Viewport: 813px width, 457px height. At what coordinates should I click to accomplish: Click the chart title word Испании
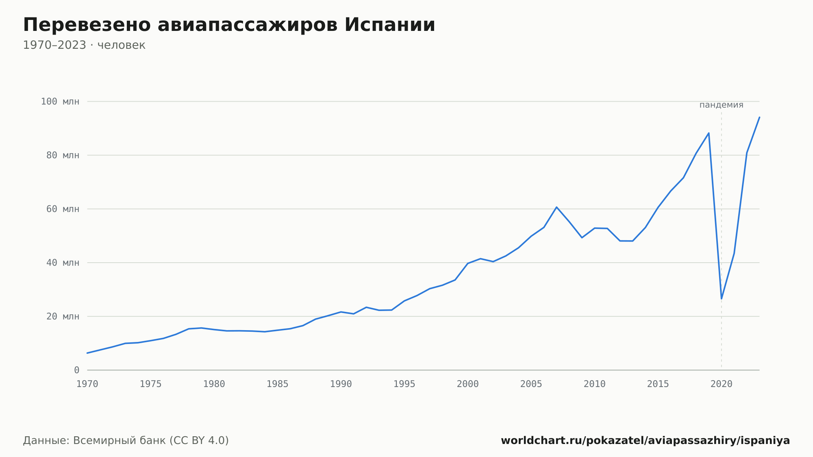390,25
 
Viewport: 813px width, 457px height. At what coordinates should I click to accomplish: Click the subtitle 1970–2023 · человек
84,45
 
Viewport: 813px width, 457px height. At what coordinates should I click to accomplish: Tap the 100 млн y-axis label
60,102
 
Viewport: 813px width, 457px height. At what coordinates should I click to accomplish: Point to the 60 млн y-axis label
63,209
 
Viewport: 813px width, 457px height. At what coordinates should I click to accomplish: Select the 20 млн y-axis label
63,316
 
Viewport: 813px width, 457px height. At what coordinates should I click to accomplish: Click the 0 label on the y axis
77,370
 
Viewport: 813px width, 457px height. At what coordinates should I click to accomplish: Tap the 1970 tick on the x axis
87,384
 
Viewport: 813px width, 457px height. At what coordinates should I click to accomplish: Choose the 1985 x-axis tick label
278,384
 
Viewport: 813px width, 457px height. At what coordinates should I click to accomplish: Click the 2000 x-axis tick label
468,384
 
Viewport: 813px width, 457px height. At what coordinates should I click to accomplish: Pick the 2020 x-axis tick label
722,384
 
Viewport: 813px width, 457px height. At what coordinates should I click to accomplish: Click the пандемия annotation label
722,105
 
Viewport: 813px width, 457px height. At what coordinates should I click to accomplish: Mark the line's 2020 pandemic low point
722,299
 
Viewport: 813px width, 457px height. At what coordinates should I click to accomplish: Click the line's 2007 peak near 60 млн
556,207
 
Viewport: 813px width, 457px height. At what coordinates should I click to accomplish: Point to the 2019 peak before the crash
709,133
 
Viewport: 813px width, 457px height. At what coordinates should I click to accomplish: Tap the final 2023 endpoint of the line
759,117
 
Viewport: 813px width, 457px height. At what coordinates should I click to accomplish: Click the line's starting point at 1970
87,353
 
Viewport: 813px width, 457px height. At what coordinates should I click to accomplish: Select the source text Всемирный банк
120,441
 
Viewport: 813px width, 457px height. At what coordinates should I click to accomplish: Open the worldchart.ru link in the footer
646,441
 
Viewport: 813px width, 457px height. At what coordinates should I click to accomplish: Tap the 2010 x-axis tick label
595,384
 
